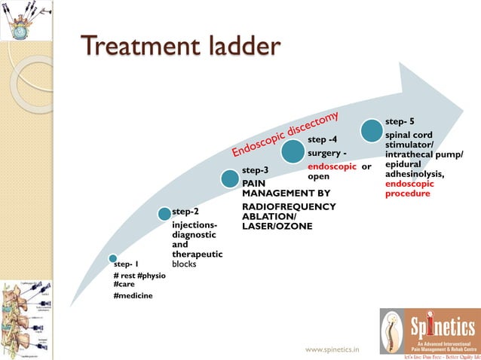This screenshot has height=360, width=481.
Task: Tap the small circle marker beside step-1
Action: click(x=112, y=258)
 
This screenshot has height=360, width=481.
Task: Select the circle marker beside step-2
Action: click(x=164, y=214)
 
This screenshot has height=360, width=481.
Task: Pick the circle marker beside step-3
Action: click(x=231, y=178)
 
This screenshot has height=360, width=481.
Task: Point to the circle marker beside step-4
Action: click(x=293, y=153)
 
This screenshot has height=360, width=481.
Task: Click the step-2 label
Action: click(x=185, y=212)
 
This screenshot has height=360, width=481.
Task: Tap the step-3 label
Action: click(x=255, y=171)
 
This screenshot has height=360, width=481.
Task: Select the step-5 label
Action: click(x=400, y=121)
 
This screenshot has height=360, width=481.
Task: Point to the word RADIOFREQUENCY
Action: click(x=278, y=206)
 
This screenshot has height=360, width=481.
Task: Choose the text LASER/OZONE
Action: click(x=277, y=226)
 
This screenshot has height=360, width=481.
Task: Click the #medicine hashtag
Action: click(x=133, y=296)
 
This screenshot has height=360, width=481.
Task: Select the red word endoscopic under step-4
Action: click(x=331, y=166)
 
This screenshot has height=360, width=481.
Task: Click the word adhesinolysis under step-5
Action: click(x=415, y=174)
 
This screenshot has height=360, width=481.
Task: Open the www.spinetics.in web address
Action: click(x=332, y=349)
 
